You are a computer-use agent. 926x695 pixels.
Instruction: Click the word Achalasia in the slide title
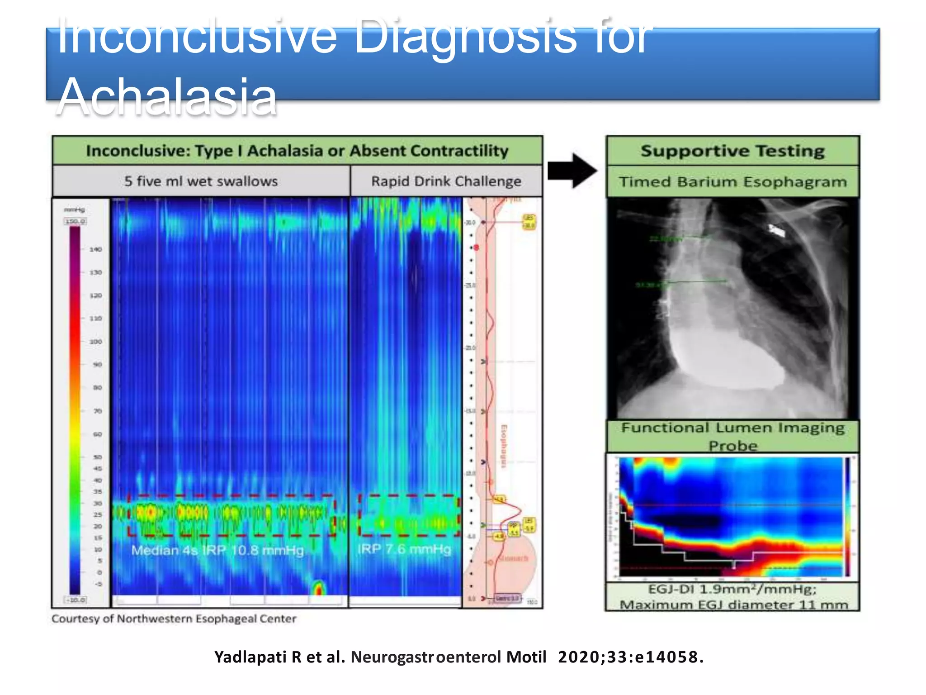pyautogui.click(x=167, y=96)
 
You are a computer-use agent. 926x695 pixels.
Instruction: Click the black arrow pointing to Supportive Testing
pyautogui.click(x=572, y=171)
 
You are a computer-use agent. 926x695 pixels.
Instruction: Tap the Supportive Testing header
pyautogui.click(x=732, y=151)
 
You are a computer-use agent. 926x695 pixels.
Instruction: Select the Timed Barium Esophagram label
pyautogui.click(x=732, y=182)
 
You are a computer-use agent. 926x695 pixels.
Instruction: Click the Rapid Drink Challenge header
pyautogui.click(x=446, y=181)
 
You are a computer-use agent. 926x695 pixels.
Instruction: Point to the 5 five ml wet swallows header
pyautogui.click(x=201, y=181)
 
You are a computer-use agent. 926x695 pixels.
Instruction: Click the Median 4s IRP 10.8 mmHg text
pyautogui.click(x=217, y=550)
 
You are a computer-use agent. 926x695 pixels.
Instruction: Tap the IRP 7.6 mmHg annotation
pyautogui.click(x=404, y=549)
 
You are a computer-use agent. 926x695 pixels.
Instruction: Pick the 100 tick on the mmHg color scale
pyautogui.click(x=95, y=342)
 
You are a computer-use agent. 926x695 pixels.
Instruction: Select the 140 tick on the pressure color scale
pyautogui.click(x=95, y=249)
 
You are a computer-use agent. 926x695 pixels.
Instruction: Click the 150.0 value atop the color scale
pyautogui.click(x=75, y=221)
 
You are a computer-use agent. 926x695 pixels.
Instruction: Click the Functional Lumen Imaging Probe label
pyautogui.click(x=732, y=436)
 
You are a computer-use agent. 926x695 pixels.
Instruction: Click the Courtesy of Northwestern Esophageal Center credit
pyautogui.click(x=174, y=619)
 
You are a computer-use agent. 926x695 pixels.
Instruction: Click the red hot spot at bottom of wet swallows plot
pyautogui.click(x=318, y=589)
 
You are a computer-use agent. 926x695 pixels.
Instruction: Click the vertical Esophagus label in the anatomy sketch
pyautogui.click(x=503, y=446)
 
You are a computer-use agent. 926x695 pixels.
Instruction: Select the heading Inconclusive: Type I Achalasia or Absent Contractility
pyautogui.click(x=297, y=151)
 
